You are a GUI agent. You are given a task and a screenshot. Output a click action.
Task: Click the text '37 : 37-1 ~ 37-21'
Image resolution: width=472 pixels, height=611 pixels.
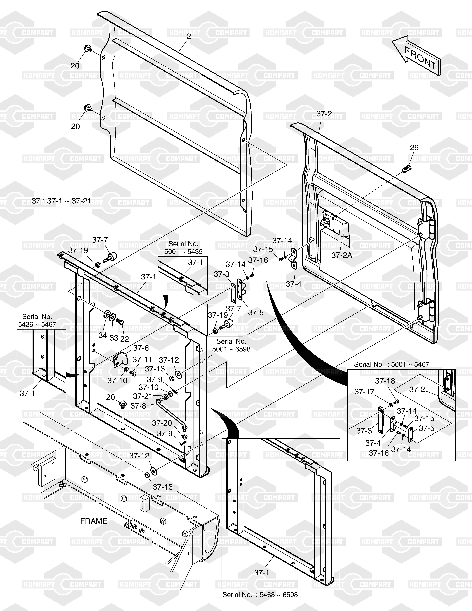[x=62, y=201]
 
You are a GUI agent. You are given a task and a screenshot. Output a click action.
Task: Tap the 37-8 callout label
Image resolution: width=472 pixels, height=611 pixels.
[x=138, y=406]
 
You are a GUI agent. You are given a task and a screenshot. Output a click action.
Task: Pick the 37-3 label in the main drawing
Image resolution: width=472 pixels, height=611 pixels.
[x=221, y=274]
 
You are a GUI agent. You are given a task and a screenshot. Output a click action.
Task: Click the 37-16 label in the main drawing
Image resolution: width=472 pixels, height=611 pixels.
[x=258, y=260]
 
